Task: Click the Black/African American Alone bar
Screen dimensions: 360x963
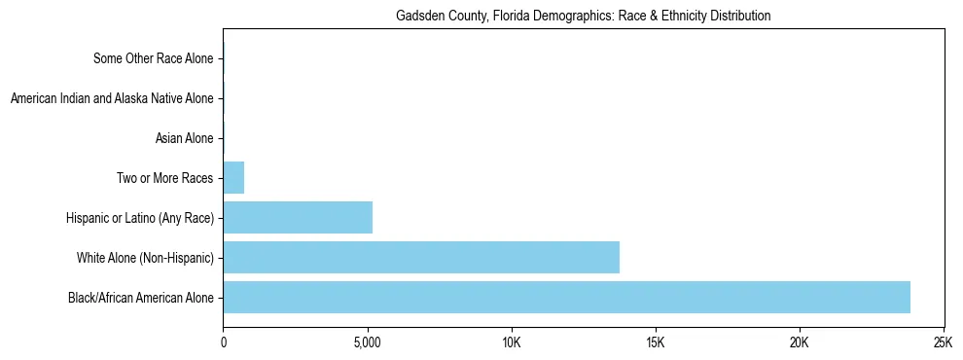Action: tap(566, 297)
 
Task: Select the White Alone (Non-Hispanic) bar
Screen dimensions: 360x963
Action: tap(421, 257)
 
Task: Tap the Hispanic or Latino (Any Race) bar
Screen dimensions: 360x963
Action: tap(298, 217)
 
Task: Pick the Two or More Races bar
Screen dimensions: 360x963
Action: tap(233, 178)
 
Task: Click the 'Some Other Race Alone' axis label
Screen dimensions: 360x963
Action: tap(153, 58)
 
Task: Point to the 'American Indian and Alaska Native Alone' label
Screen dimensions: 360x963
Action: tap(111, 98)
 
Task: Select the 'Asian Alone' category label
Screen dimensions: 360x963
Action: tap(184, 138)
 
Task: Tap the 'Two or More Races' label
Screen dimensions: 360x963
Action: tap(163, 178)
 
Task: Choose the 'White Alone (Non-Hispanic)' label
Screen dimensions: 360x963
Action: tap(145, 258)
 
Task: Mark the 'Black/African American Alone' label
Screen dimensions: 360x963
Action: tap(140, 298)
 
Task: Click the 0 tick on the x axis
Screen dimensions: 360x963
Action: tap(224, 343)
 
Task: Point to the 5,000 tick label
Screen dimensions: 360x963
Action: tap(368, 343)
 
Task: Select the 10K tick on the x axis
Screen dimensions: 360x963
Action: tap(512, 343)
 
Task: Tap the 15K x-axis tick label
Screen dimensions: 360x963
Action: tap(656, 343)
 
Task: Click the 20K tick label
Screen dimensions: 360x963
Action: tap(800, 343)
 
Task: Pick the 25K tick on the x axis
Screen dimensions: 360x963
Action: tap(943, 343)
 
